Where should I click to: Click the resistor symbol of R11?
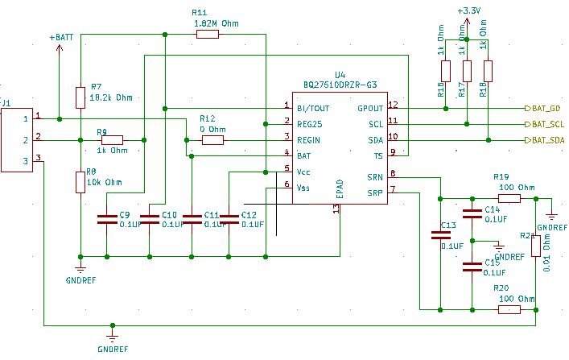208,35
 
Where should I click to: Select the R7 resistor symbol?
80,97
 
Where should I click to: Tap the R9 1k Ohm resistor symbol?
112,140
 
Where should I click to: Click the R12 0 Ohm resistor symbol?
213,140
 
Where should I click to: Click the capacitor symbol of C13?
440,237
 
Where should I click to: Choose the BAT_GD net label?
546,107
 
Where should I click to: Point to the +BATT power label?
60,37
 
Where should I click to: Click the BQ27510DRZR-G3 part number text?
340,85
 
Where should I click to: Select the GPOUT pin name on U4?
371,107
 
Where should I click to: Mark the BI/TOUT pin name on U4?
313,107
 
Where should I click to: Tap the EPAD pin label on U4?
340,190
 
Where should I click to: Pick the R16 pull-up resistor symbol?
447,71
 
